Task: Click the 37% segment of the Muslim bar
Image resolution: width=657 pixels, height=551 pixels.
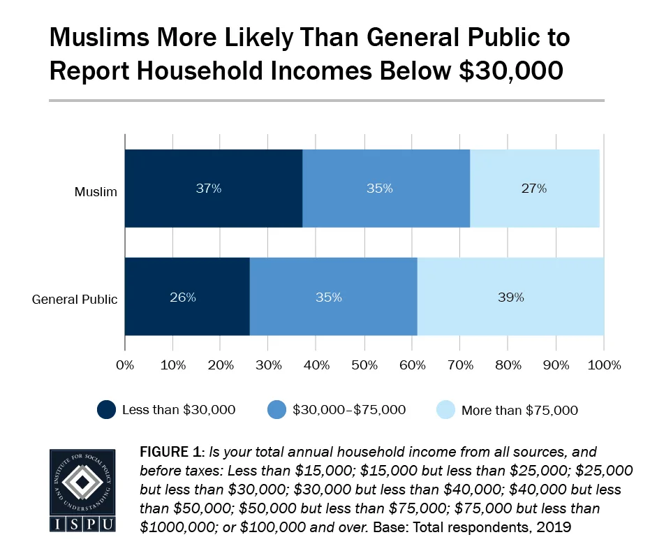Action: tap(213, 189)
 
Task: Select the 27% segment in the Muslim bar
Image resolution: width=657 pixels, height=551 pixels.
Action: tap(534, 189)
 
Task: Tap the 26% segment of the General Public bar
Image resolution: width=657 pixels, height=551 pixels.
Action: tap(186, 297)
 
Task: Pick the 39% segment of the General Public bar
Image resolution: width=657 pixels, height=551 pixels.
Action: tap(510, 297)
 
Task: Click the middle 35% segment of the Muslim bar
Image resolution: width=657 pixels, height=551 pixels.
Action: tap(385, 189)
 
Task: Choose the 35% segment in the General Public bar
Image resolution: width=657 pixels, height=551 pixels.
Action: tap(333, 297)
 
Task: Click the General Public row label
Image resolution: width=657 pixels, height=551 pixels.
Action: tap(75, 299)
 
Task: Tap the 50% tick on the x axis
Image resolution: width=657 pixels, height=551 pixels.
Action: tap(364, 365)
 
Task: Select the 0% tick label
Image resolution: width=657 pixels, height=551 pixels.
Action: tap(125, 365)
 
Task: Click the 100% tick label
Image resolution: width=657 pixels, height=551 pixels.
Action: tap(604, 365)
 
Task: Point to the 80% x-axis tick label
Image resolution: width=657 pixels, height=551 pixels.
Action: tap(508, 365)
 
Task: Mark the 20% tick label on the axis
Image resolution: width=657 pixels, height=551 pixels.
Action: tap(221, 365)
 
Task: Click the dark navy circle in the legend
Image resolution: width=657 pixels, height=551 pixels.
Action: tap(106, 410)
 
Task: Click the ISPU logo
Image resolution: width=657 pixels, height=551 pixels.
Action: tap(82, 490)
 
